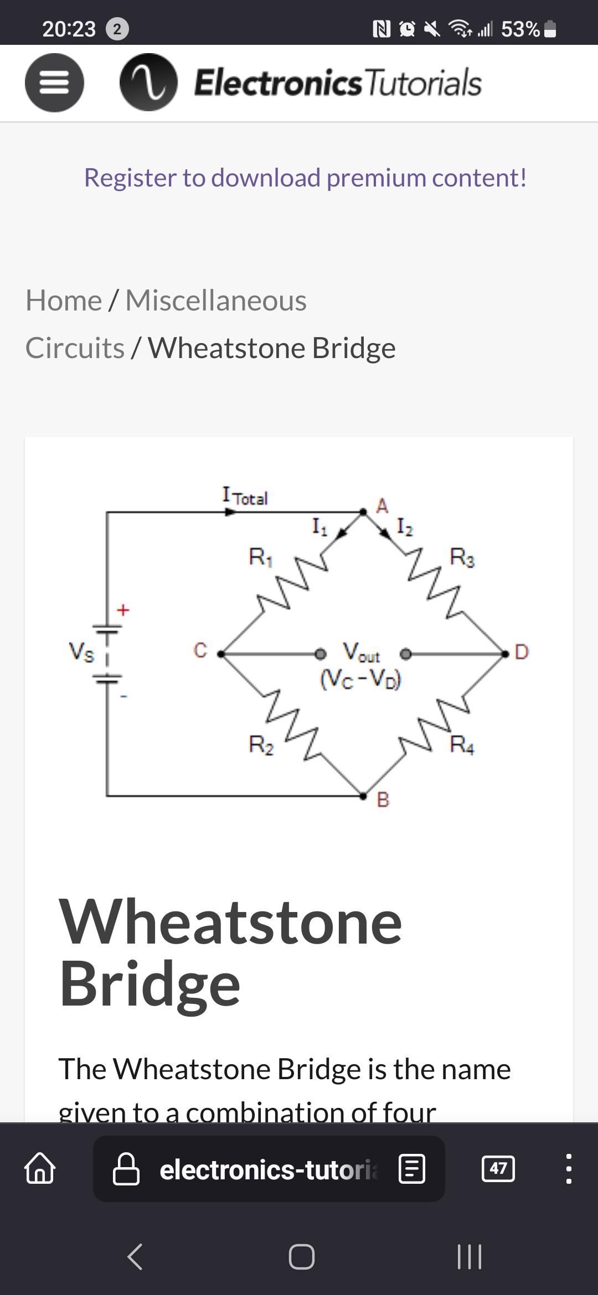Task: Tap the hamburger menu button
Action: coord(54,82)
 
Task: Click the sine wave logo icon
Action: coord(148,82)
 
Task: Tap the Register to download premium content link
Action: coord(305,178)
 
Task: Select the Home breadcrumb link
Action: coord(64,301)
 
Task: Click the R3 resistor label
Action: coord(462,556)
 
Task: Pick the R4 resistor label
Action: coord(462,744)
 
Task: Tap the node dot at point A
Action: coord(363,512)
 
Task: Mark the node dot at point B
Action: coord(363,796)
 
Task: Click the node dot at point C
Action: coord(221,654)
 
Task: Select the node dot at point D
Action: coord(505,654)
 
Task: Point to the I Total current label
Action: coord(245,496)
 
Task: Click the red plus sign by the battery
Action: coord(123,610)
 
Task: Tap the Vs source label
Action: coord(81,651)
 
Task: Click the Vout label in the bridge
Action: coord(361,653)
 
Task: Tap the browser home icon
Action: coord(40,1168)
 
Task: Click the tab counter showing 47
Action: coord(498,1168)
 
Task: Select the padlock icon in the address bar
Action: coord(126,1168)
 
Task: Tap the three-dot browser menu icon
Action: coord(569,1168)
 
